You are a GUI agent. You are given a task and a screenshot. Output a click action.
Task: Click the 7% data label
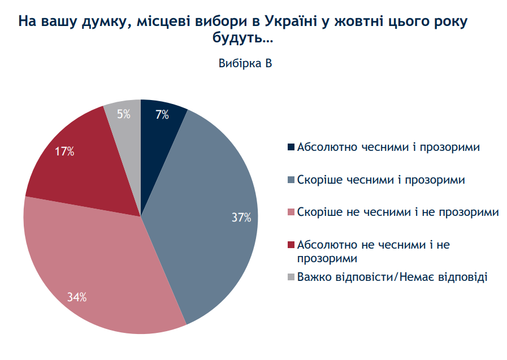click(162, 115)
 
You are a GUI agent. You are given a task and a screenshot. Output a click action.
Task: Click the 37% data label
click(241, 217)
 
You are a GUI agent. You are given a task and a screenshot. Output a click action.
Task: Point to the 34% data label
click(76, 297)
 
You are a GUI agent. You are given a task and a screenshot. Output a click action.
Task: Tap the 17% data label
click(64, 151)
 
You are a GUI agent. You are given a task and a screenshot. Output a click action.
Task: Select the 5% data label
click(124, 114)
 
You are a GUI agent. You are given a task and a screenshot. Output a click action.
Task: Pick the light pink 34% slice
click(96, 260)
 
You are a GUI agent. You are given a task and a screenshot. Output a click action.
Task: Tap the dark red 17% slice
click(85, 164)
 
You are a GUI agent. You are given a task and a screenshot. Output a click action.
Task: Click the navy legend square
click(291, 148)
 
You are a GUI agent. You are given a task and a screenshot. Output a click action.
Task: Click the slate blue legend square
click(291, 180)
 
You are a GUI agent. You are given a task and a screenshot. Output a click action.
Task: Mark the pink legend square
click(291, 212)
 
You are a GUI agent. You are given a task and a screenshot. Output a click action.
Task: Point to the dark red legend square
click(291, 245)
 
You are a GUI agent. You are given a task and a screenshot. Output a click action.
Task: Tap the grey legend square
click(291, 277)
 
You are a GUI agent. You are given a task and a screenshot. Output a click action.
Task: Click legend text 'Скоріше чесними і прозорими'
click(381, 180)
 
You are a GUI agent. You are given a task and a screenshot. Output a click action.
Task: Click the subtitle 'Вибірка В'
click(245, 63)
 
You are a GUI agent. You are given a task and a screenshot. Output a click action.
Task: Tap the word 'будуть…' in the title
click(245, 39)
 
